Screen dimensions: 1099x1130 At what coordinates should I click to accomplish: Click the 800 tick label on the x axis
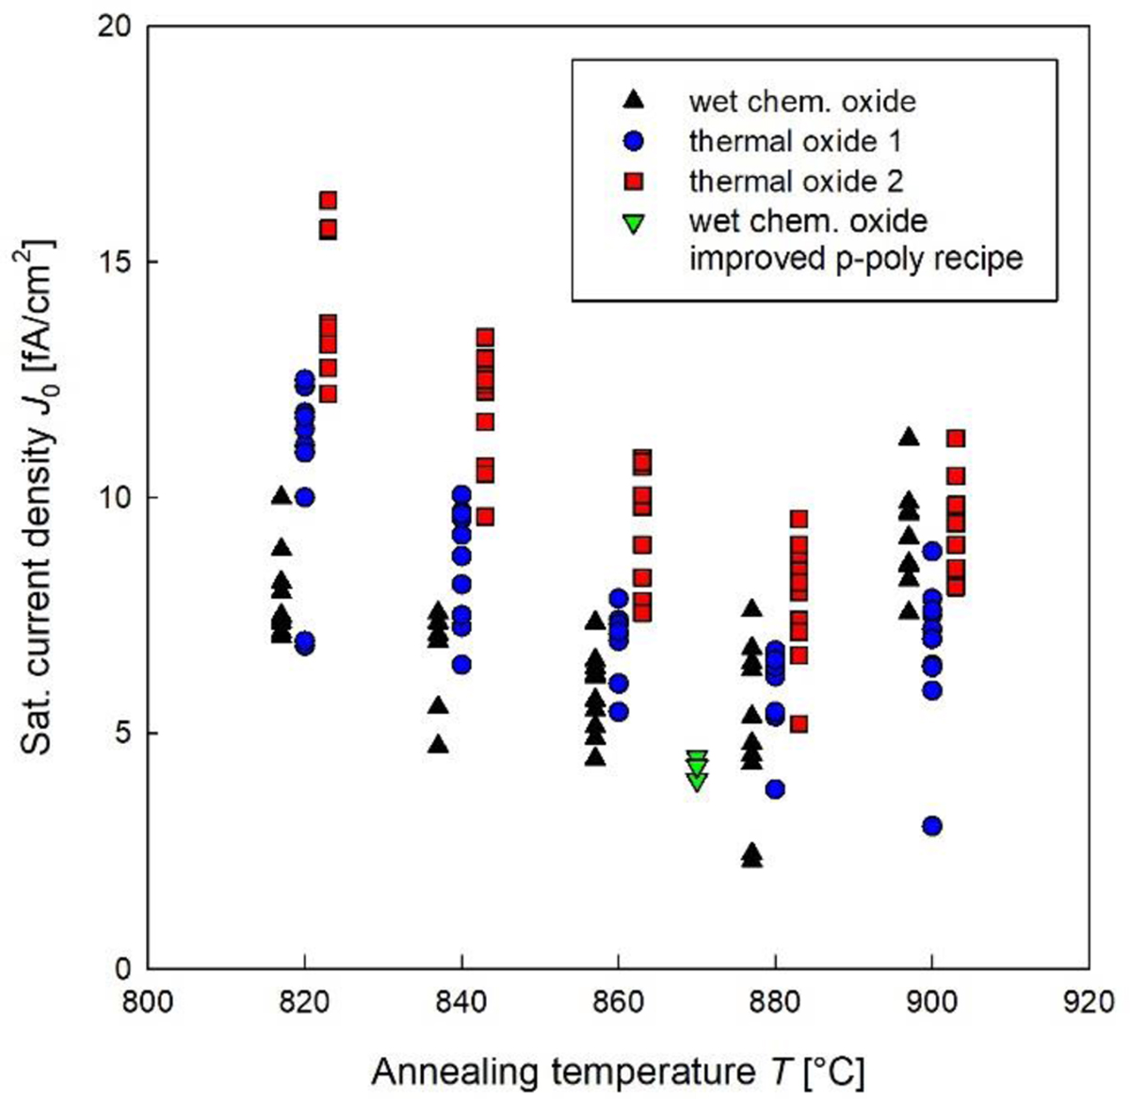pyautogui.click(x=148, y=1001)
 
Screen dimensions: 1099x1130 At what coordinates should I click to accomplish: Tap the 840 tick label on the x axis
pyautogui.click(x=461, y=1001)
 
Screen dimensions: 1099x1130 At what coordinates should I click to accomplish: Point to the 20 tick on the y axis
pyautogui.click(x=114, y=26)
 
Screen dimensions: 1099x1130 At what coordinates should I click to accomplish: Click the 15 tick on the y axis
pyautogui.click(x=114, y=262)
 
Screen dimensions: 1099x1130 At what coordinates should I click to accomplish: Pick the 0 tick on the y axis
pyautogui.click(x=122, y=968)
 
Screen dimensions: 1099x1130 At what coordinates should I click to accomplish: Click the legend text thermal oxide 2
pyautogui.click(x=796, y=180)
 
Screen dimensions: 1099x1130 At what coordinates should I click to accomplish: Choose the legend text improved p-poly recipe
pyautogui.click(x=855, y=258)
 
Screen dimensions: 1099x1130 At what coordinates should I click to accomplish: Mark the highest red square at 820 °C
pyautogui.click(x=328, y=200)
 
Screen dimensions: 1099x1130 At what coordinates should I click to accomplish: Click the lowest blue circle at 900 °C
pyautogui.click(x=932, y=826)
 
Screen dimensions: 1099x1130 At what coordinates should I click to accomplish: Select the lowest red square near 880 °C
pyautogui.click(x=799, y=724)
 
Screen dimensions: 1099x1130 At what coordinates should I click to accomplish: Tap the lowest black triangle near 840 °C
pyautogui.click(x=438, y=744)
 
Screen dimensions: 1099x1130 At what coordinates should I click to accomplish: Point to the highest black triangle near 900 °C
pyautogui.click(x=909, y=436)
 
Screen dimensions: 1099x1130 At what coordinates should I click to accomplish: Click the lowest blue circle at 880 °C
pyautogui.click(x=775, y=789)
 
